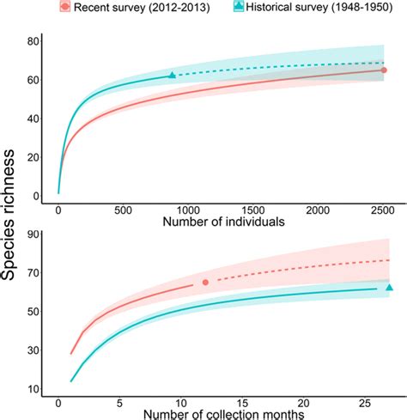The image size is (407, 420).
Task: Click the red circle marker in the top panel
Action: [384, 70]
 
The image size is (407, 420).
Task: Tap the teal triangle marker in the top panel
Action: [173, 76]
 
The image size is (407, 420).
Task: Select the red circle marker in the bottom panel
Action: [206, 282]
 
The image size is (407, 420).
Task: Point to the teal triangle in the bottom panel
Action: [390, 288]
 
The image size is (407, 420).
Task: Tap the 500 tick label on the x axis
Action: [123, 209]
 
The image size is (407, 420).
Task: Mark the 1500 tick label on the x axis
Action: [253, 209]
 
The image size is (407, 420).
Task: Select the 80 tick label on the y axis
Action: [32, 42]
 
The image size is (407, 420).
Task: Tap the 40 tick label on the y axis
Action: [32, 119]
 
